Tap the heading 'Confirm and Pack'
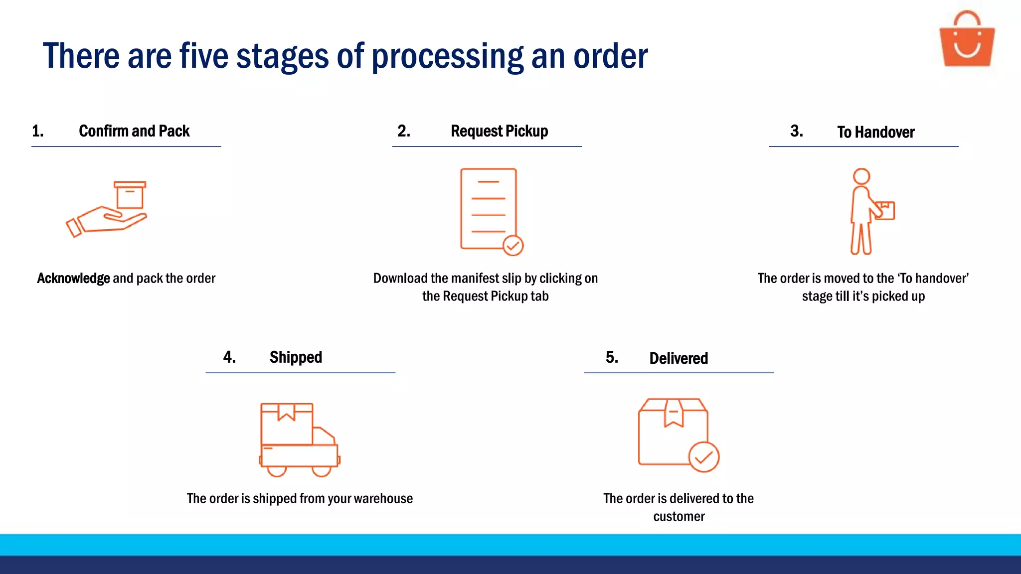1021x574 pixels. (x=134, y=131)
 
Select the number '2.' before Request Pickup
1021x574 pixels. (x=404, y=131)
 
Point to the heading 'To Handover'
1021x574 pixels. (x=875, y=132)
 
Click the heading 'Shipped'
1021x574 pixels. (x=296, y=357)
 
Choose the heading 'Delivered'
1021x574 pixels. (x=679, y=358)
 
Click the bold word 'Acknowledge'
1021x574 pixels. (x=73, y=278)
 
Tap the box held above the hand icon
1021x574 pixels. (x=130, y=195)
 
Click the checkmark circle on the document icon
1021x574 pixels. (x=512, y=246)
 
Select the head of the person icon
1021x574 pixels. (x=861, y=176)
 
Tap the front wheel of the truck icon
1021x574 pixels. (x=322, y=470)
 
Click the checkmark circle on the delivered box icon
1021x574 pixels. (x=703, y=457)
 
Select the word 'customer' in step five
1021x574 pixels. (x=679, y=516)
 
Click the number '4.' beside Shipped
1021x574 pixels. (x=229, y=357)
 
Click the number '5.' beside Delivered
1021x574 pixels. (x=612, y=357)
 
